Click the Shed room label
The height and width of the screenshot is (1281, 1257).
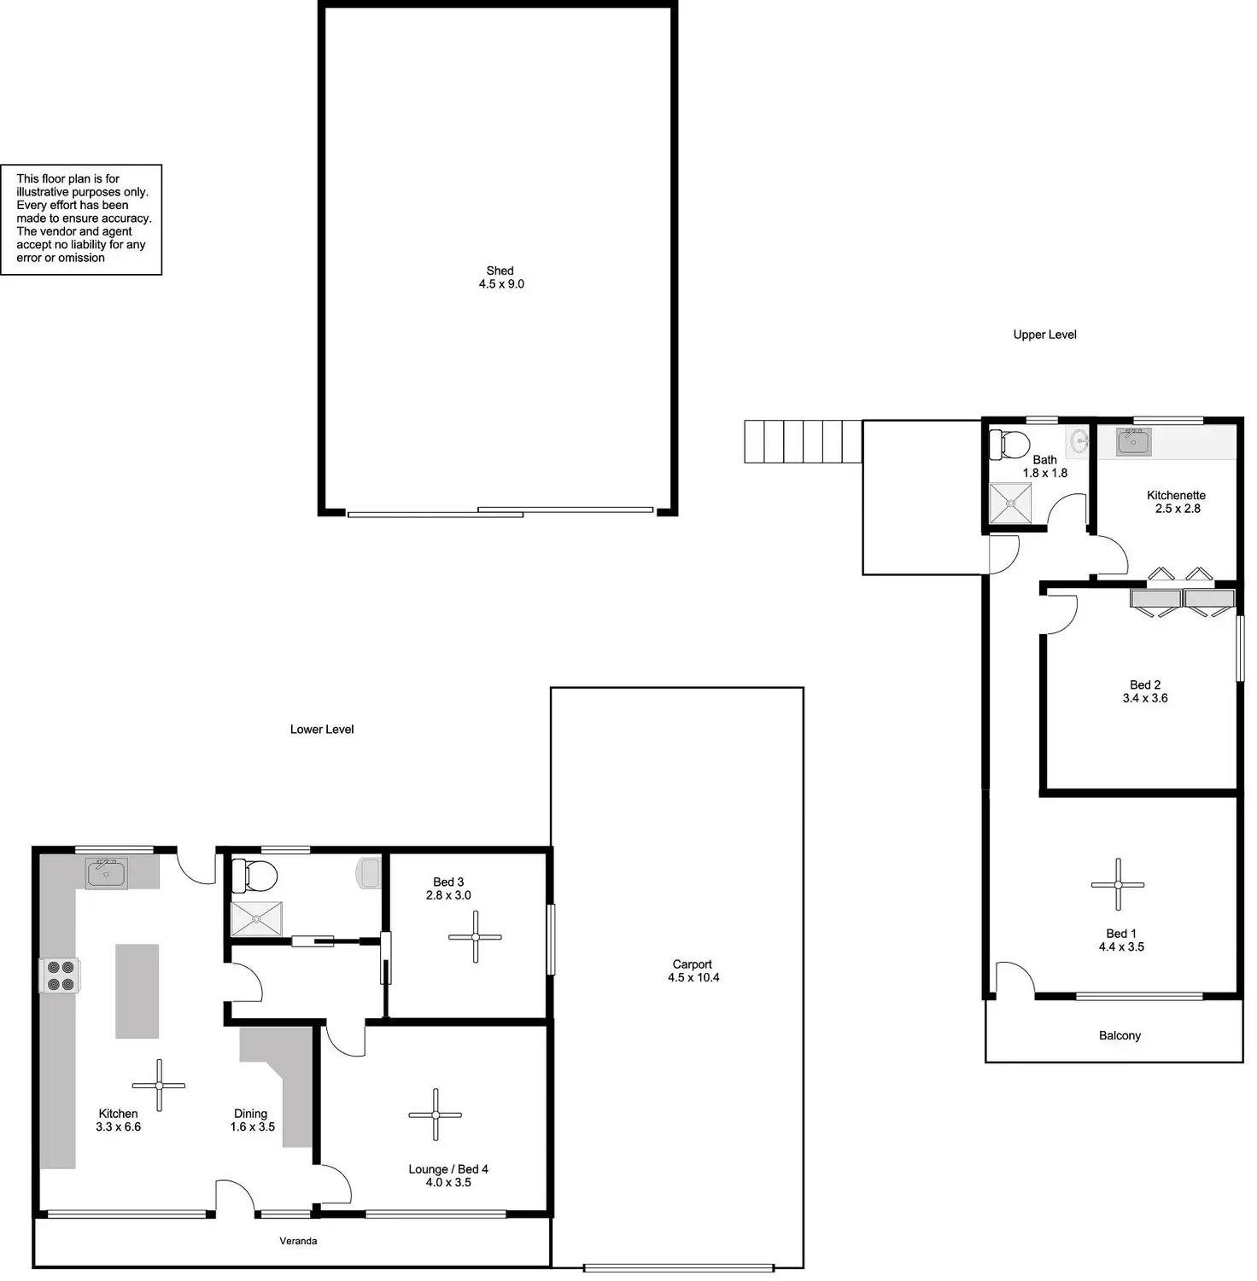click(x=500, y=271)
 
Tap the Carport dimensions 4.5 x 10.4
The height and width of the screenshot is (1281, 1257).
click(x=693, y=978)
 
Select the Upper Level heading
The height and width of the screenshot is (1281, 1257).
click(x=1044, y=335)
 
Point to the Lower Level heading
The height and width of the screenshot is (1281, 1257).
click(x=321, y=729)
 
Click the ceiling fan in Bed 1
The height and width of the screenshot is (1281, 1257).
click(x=1117, y=885)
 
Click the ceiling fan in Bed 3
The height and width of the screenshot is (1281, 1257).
click(x=475, y=936)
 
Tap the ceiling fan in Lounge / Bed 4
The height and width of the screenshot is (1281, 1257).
click(x=435, y=1115)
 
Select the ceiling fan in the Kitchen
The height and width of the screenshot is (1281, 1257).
click(x=159, y=1085)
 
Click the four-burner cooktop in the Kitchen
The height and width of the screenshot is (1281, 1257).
click(x=60, y=975)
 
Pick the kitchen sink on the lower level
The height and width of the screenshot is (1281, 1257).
click(x=106, y=873)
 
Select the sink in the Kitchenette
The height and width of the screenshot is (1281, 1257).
click(x=1132, y=442)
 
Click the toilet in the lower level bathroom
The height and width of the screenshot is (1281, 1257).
click(x=255, y=875)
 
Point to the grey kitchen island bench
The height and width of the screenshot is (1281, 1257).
click(x=137, y=990)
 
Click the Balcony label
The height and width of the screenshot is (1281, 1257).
click(x=1119, y=1035)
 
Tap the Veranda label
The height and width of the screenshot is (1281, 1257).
click(x=298, y=1241)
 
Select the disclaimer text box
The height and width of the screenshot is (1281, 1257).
click(x=81, y=219)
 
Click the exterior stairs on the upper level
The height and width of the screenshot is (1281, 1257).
click(x=802, y=441)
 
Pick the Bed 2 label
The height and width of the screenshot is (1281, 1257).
click(x=1144, y=684)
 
